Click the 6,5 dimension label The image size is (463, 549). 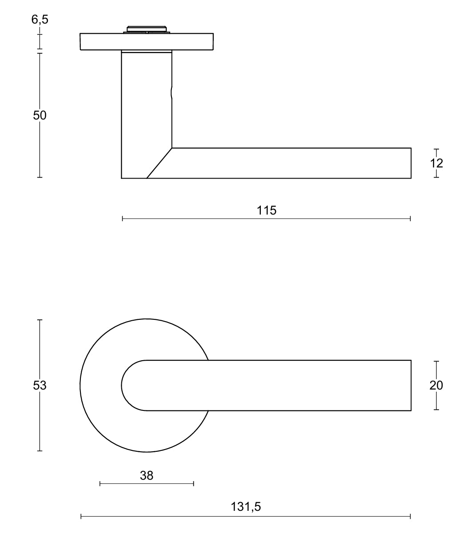(40, 20)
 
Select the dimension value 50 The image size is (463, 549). (40, 115)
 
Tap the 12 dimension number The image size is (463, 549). (436, 163)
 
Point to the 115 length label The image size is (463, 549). (267, 210)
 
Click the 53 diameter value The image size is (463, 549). (40, 385)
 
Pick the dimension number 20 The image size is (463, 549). (436, 385)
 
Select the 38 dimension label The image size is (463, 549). (147, 475)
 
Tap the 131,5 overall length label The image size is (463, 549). (246, 506)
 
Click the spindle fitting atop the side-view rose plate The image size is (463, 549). (147, 30)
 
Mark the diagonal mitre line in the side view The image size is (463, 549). (159, 163)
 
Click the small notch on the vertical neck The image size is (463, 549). (172, 93)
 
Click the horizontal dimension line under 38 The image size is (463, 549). (147, 483)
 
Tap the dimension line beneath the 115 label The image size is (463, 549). (267, 219)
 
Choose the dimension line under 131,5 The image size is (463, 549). (246, 516)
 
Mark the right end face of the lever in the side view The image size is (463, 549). (411, 163)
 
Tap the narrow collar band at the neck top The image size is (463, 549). (147, 52)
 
